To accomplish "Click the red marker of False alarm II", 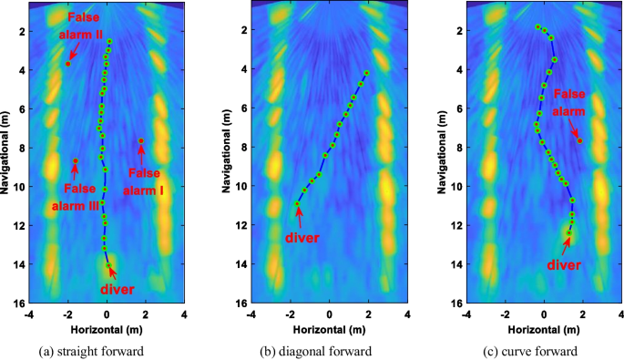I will click(68, 64).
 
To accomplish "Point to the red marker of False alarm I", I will click(141, 140).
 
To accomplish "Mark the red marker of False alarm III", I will click(76, 161).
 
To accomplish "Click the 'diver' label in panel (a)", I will click(118, 290).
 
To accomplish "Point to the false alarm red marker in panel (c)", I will click(579, 140).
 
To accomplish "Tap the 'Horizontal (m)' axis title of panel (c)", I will click(545, 328).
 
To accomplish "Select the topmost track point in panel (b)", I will click(366, 72).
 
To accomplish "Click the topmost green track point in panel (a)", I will click(109, 42).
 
